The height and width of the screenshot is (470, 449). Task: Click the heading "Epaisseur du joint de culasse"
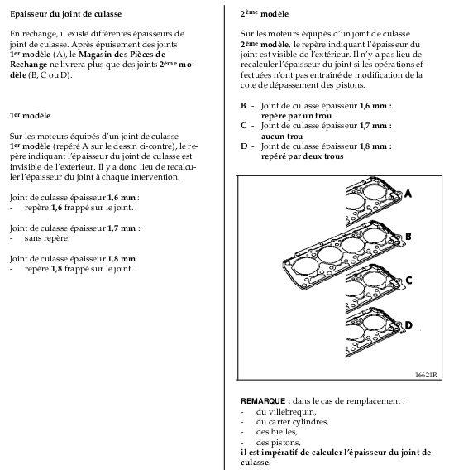pos(66,14)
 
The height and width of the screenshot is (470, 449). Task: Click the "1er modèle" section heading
pos(30,116)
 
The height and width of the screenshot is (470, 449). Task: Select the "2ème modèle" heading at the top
pos(265,14)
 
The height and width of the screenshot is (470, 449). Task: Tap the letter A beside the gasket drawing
pos(408,194)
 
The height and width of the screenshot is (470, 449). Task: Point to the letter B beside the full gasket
pos(408,237)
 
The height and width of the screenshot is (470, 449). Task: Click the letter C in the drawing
pos(408,281)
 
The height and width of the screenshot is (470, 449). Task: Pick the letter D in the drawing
pos(408,325)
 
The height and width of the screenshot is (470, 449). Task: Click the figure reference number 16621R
pos(426,375)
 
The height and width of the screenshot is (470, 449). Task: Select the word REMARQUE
pos(263,401)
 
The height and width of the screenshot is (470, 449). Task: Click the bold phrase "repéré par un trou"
pos(296,116)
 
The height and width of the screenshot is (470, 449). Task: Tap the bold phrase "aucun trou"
pos(282,137)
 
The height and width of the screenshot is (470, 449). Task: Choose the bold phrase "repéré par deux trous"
pos(303,156)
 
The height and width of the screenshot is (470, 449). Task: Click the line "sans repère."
pos(47,238)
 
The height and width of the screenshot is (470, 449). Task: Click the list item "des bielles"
pos(276,432)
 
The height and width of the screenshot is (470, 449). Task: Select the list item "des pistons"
pos(279,443)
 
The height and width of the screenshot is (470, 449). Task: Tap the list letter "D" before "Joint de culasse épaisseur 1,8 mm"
pos(244,146)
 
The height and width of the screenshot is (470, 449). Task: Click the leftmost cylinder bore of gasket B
pos(304,266)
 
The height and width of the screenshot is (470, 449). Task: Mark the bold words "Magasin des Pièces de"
pos(122,55)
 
